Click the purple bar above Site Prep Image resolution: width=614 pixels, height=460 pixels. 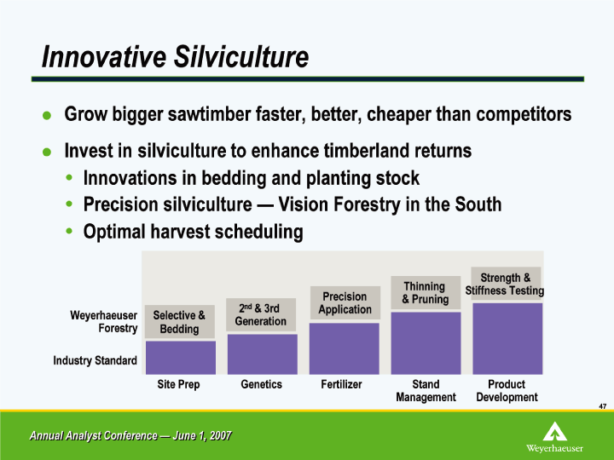click(x=181, y=358)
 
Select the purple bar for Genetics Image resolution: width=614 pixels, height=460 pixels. click(x=263, y=354)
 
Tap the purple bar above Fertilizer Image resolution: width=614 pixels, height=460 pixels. click(x=345, y=348)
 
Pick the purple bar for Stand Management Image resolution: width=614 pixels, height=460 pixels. click(x=426, y=343)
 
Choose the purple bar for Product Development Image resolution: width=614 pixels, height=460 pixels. click(x=507, y=339)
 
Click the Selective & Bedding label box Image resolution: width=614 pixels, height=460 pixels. click(x=180, y=321)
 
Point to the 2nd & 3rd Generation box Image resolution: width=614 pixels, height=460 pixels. click(x=261, y=315)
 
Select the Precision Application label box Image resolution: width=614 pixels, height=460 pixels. click(x=345, y=302)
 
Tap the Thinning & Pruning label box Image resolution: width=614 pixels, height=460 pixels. click(x=426, y=292)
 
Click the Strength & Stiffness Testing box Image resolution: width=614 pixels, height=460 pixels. click(x=506, y=284)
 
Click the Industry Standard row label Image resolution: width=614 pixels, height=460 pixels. click(x=96, y=360)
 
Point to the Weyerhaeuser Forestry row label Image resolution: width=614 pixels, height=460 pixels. click(x=104, y=321)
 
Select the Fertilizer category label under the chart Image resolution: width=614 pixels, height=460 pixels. click(x=341, y=384)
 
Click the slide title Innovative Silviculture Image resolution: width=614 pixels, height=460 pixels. click(x=175, y=57)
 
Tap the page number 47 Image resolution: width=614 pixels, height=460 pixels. click(x=603, y=406)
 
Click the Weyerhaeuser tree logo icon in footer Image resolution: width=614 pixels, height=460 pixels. click(x=555, y=431)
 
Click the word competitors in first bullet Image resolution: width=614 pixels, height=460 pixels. click(x=524, y=114)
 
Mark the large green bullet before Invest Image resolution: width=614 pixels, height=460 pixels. click(x=47, y=152)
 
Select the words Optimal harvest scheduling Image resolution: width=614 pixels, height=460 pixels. click(x=193, y=232)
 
